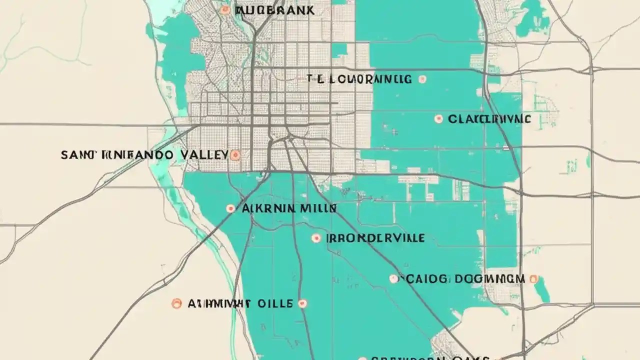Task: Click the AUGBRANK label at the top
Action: [274, 10]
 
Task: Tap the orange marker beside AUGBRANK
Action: [225, 9]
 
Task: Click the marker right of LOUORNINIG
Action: [422, 79]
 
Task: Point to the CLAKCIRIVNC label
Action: [489, 119]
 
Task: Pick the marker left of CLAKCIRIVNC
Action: [438, 119]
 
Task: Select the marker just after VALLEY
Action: [235, 155]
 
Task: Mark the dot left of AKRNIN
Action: [230, 208]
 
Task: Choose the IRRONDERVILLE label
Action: [375, 238]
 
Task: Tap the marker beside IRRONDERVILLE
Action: [316, 238]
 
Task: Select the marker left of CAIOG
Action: [394, 278]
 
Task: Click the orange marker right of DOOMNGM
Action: [533, 278]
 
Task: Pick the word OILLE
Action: [274, 303]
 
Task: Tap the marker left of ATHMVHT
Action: [176, 303]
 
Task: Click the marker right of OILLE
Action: [302, 303]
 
